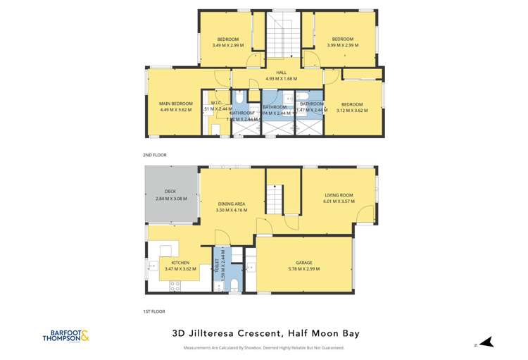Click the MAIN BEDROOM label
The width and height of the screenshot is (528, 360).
tap(176, 104)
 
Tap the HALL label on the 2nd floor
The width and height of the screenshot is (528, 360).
tap(281, 73)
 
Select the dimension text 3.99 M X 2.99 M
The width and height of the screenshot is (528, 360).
tap(342, 45)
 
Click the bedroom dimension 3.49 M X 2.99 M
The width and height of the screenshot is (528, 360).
tap(227, 45)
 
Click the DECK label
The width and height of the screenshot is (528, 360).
tap(170, 191)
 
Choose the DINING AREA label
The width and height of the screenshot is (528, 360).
tap(230, 204)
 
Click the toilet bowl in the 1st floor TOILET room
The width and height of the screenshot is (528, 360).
tap(236, 284)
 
